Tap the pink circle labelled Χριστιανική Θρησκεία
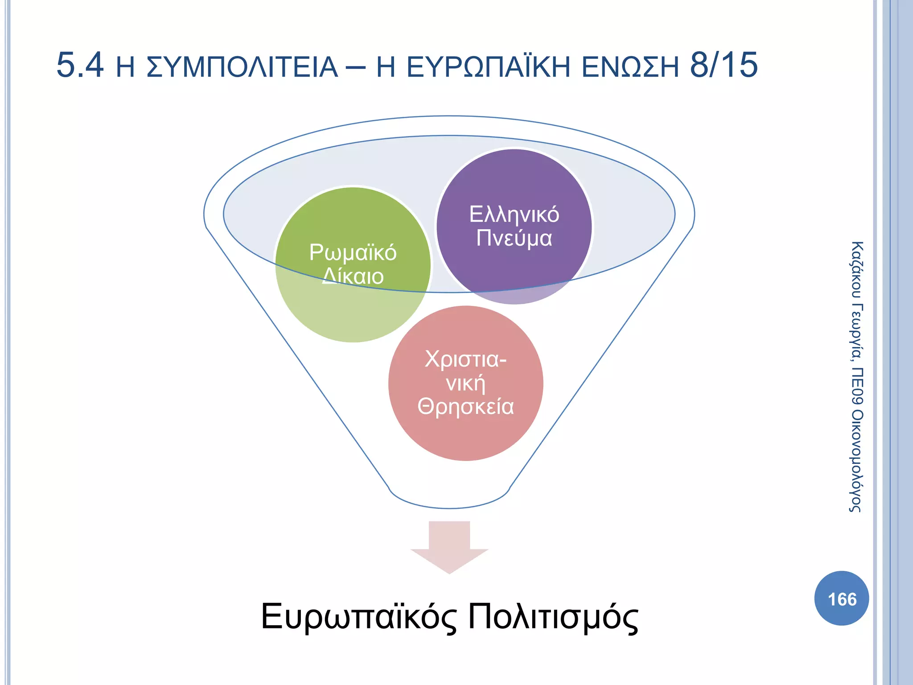[465, 433]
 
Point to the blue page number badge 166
[841, 598]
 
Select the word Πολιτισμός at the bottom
[553, 617]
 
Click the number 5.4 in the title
[80, 65]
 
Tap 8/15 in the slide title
[724, 65]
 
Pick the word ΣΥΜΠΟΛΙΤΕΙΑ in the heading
[242, 67]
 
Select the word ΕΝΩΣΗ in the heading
[630, 67]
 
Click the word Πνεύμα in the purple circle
[514, 238]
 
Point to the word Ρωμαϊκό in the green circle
[353, 252]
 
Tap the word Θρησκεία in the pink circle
[465, 407]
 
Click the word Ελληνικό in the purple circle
[514, 215]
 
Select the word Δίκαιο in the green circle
[353, 276]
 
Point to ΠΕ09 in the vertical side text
[856, 386]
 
